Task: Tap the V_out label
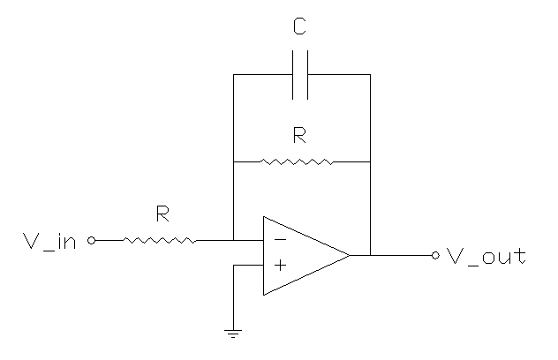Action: [486, 257]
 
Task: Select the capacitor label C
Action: [300, 29]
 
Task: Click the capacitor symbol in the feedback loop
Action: [301, 74]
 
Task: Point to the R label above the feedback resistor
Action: [299, 136]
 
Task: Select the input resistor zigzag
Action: [160, 239]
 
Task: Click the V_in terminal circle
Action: [91, 239]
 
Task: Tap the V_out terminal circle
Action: [434, 256]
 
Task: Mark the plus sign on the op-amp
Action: [279, 264]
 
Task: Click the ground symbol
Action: [233, 333]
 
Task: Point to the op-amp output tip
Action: [349, 255]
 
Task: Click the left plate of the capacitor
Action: [295, 74]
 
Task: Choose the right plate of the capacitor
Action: [306, 74]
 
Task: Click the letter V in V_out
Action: [455, 256]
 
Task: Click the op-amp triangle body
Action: [300, 255]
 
